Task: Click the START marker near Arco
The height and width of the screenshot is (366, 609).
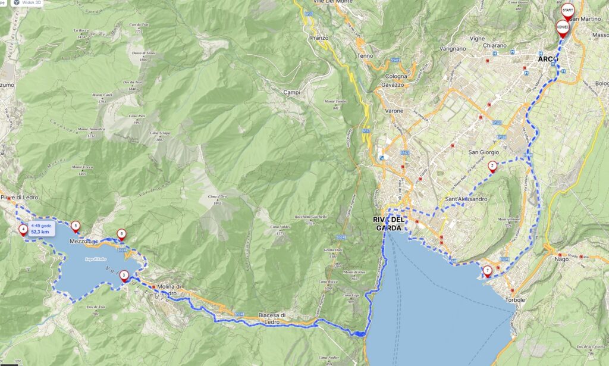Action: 568,11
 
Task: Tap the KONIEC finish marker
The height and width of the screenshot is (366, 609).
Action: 563,27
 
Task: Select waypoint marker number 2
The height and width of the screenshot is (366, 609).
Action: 492,166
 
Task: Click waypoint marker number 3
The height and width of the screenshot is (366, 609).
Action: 124,275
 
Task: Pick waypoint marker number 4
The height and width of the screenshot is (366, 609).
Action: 23,228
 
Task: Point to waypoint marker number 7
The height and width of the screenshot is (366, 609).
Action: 488,271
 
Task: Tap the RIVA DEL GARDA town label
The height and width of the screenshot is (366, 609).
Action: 390,224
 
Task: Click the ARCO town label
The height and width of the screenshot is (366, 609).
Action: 547,60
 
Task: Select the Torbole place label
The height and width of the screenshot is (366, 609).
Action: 515,299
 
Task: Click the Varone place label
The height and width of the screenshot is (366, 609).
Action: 394,111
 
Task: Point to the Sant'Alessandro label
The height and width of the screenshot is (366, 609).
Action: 466,199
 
